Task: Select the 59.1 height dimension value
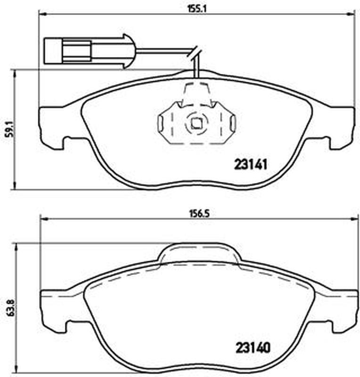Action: point(9,129)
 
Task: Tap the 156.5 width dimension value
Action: point(198,214)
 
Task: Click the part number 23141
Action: point(251,164)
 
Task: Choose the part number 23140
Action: point(253,347)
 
